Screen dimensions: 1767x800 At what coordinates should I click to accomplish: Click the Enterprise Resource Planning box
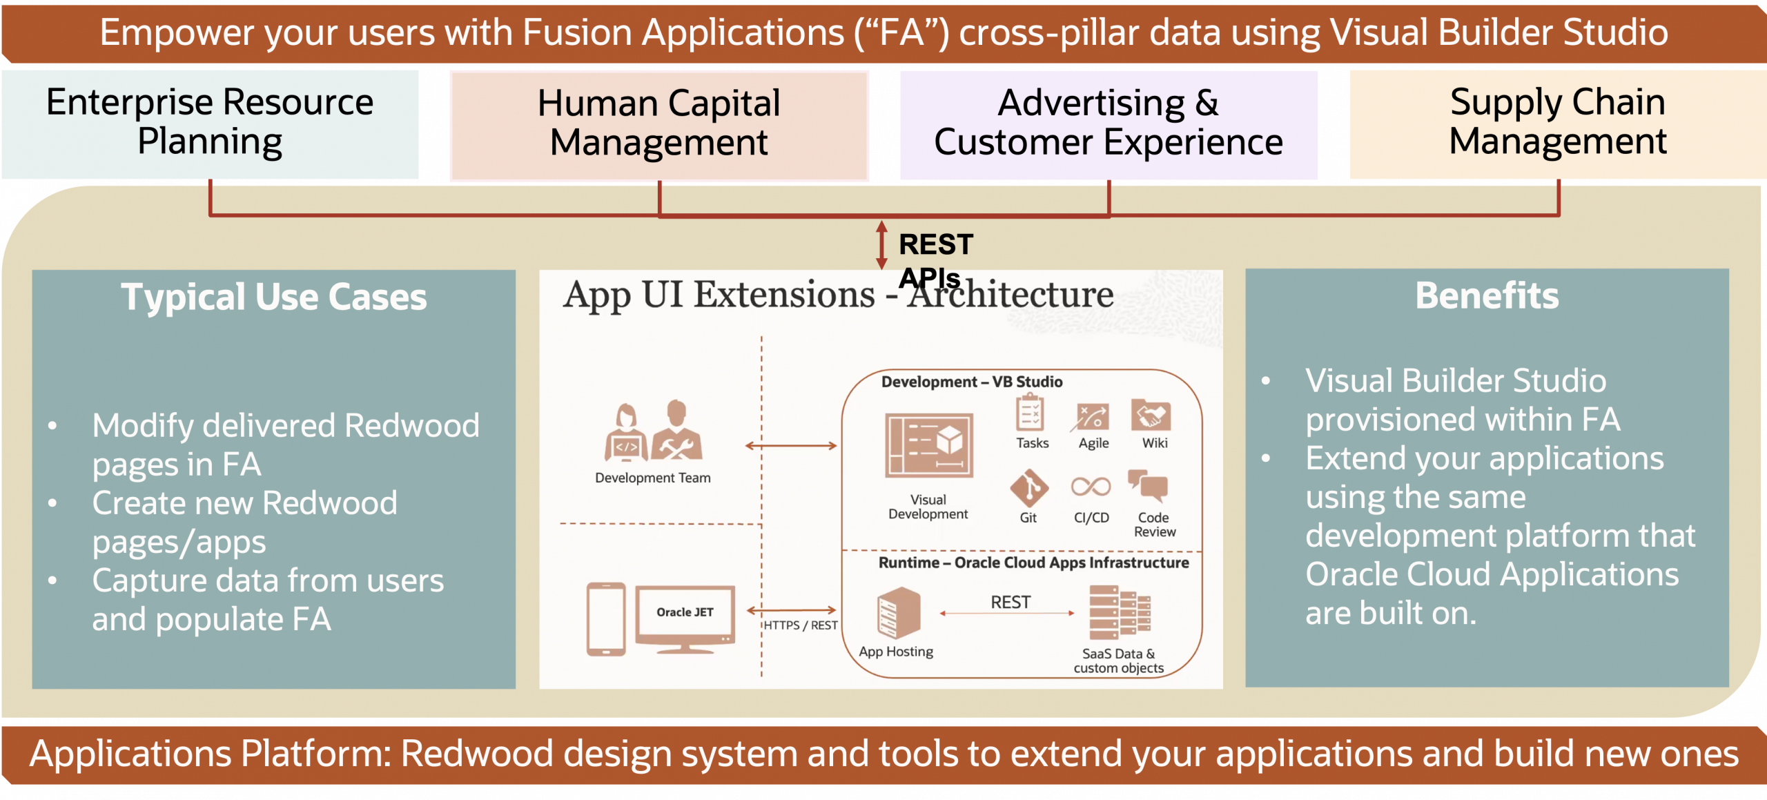[x=210, y=124]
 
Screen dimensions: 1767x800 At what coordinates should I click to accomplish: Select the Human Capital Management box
[x=659, y=126]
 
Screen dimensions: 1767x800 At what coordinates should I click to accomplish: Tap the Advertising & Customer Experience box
[x=1109, y=125]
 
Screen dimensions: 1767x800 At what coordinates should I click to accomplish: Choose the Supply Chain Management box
[x=1558, y=124]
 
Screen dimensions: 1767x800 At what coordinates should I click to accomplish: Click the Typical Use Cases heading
[x=274, y=297]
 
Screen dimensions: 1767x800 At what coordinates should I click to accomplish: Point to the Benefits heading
[x=1487, y=296]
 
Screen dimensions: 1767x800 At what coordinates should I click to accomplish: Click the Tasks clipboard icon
[x=1030, y=412]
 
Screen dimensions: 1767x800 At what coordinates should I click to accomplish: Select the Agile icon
[x=1093, y=416]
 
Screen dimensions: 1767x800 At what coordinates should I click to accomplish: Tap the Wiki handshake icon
[x=1151, y=415]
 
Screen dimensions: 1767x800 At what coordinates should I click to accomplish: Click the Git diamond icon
[x=1029, y=488]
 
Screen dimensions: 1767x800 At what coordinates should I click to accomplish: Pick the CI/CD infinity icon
[x=1091, y=487]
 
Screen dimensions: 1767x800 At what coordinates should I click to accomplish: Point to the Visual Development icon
[x=929, y=446]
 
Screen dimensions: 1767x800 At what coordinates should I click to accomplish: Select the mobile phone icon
[x=606, y=618]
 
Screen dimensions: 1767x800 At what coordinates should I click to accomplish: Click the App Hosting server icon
[x=899, y=612]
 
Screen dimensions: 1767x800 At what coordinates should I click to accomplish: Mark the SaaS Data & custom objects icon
[x=1120, y=612]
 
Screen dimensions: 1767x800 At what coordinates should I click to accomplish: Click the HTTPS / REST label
[x=801, y=625]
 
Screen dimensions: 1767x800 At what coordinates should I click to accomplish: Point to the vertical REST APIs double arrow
[x=881, y=245]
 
